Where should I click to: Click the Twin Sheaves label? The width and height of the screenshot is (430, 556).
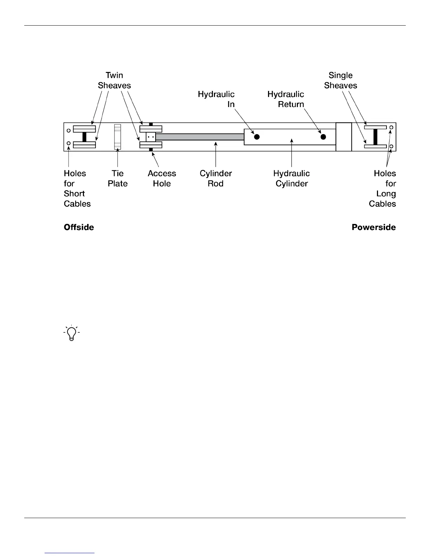point(114,80)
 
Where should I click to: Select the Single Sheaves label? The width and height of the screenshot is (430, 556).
point(340,80)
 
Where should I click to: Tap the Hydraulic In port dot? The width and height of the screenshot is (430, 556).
point(257,137)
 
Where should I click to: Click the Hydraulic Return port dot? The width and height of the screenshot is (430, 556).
point(323,137)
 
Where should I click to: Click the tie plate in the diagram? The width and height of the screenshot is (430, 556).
point(117,137)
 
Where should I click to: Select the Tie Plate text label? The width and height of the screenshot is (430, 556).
point(117,178)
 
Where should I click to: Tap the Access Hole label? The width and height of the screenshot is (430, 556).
point(162,178)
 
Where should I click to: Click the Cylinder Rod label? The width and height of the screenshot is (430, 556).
point(216,178)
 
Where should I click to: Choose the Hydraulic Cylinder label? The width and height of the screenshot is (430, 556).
point(292,178)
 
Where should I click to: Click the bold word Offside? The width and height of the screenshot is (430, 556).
point(79,227)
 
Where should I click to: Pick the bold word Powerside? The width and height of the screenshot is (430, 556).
point(373,227)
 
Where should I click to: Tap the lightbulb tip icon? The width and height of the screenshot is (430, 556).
point(72,333)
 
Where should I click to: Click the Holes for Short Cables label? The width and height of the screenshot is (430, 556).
point(77,188)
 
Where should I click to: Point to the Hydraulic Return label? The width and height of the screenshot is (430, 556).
point(286,99)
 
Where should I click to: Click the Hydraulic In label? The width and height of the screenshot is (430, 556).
point(216,99)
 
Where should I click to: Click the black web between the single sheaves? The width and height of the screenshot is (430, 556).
point(375,137)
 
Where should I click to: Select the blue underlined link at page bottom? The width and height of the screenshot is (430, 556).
point(70,553)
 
